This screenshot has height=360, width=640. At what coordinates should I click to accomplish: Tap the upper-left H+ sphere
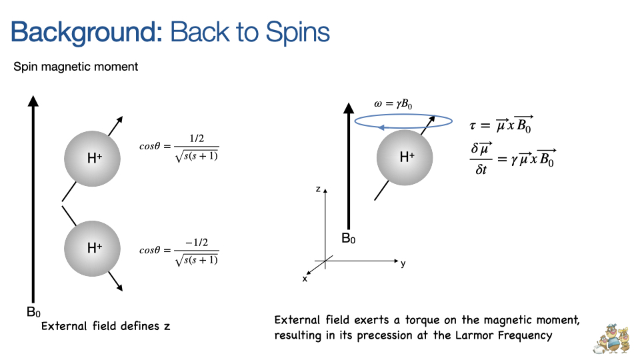(92, 159)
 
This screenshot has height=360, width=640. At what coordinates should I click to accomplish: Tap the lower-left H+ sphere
(92, 248)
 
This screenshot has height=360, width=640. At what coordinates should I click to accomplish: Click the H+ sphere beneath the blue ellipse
(405, 157)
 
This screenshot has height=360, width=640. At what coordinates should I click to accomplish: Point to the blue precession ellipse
(395, 120)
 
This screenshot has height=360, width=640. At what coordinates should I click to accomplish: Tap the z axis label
(319, 190)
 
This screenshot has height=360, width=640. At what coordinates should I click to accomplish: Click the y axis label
(403, 263)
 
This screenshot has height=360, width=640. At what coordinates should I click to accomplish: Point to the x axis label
(305, 279)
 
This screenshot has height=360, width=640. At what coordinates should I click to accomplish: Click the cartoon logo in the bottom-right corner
(611, 338)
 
